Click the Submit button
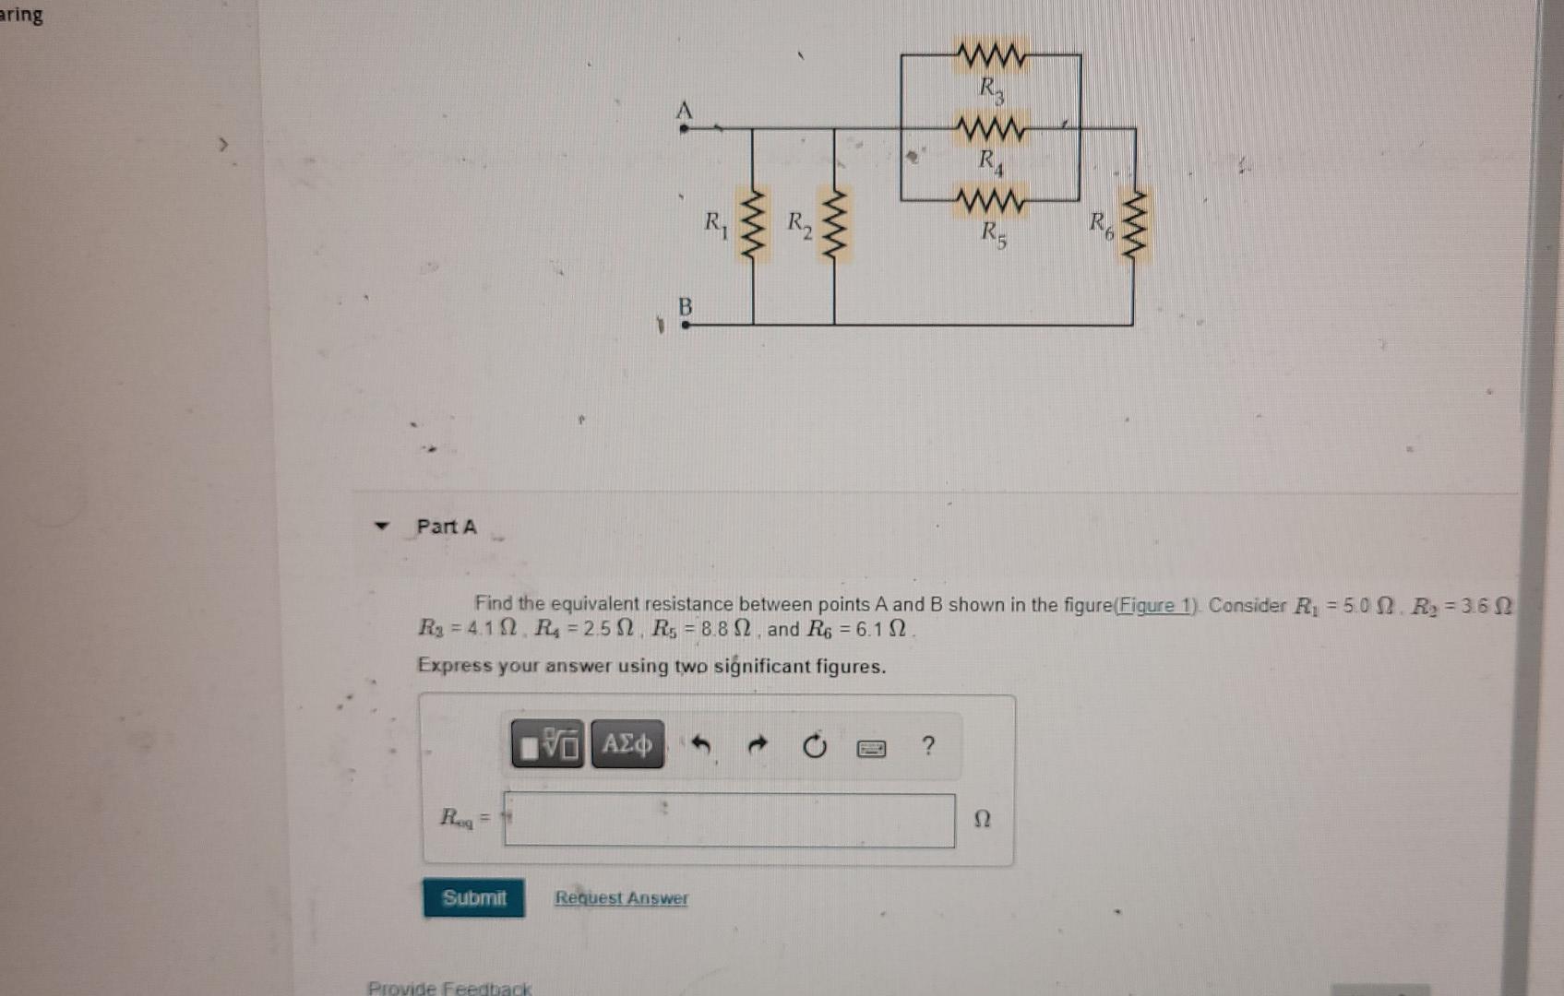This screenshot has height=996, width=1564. click(x=473, y=897)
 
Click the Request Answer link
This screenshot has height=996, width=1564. click(x=621, y=897)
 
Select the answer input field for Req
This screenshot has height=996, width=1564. click(x=729, y=820)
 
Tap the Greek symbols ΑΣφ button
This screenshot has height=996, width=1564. click(x=627, y=744)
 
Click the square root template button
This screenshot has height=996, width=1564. click(x=548, y=744)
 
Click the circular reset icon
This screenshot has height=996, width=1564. click(x=814, y=745)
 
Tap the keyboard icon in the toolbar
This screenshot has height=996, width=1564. click(x=871, y=747)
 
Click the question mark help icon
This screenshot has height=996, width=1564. click(x=928, y=745)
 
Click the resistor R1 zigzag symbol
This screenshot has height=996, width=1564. click(x=754, y=226)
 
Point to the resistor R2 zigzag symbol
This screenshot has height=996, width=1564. click(x=835, y=226)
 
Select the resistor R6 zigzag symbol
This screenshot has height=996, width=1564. click(x=1134, y=226)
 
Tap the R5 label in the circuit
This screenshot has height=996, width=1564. click(x=993, y=234)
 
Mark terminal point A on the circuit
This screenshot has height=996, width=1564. click(x=684, y=128)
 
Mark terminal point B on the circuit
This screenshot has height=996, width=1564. click(x=686, y=325)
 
